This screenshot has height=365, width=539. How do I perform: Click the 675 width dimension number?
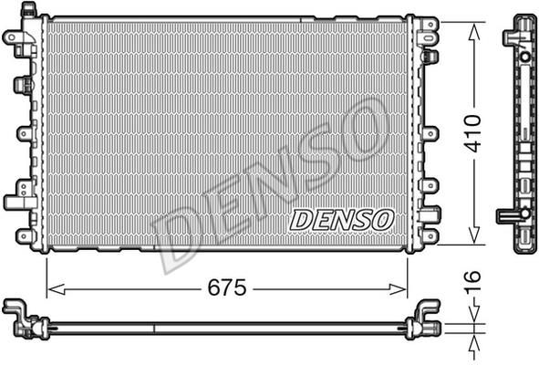tap(227, 287)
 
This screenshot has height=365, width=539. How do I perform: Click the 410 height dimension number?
tap(473, 133)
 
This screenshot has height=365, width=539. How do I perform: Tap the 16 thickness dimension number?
tap(472, 282)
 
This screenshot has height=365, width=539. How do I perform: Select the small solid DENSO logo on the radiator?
tap(342, 220)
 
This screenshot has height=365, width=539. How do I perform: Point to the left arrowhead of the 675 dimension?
tap(56, 289)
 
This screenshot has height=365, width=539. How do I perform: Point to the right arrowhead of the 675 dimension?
tap(398, 289)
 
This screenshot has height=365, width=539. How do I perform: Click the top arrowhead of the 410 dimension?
tap(474, 32)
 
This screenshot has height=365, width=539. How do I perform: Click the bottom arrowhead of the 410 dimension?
tap(474, 235)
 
